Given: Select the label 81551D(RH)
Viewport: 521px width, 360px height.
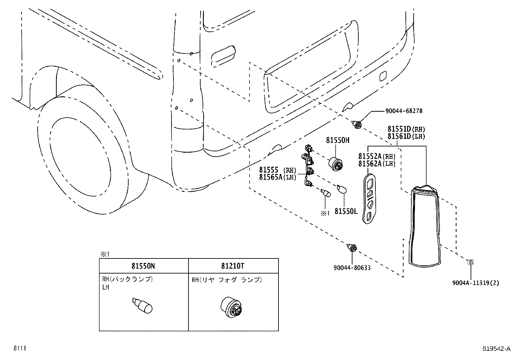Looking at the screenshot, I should pos(406,129).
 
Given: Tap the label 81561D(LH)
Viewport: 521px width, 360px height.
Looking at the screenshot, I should pos(406,137).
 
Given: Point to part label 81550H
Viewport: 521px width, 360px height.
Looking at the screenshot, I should pos(337,141).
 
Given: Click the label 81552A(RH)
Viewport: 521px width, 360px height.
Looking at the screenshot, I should pos(377,156).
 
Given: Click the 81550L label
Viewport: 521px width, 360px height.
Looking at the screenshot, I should pos(346,212).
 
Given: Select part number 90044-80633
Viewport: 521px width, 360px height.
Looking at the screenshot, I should pos(352,268).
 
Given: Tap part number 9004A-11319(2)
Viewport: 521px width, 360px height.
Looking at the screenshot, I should pos(476,283).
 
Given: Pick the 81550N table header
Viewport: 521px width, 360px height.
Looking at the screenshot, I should pos(144,266).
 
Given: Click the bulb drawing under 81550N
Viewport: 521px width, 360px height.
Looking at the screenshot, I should pos(143,306).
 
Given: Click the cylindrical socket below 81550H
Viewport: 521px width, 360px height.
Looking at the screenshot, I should pos(335,164).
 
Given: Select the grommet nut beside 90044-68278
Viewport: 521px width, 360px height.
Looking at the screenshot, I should pos(357,124).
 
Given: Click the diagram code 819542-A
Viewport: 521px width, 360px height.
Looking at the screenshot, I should pos(496,349).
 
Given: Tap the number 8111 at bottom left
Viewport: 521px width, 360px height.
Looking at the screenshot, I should pos(19,349).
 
